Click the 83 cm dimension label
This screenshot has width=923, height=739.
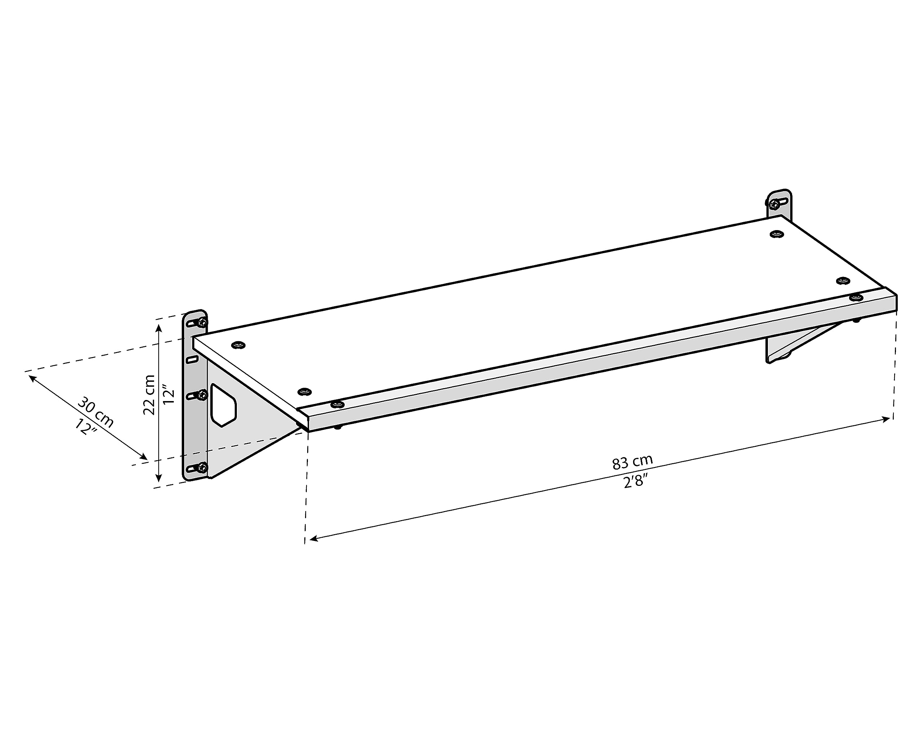[632, 462]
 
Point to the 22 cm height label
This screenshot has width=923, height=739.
[149, 395]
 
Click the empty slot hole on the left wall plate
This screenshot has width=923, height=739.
[193, 359]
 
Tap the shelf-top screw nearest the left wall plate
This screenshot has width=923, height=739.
[238, 345]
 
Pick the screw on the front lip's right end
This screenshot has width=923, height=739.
[856, 297]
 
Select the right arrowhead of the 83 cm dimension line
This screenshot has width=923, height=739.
[886, 419]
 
